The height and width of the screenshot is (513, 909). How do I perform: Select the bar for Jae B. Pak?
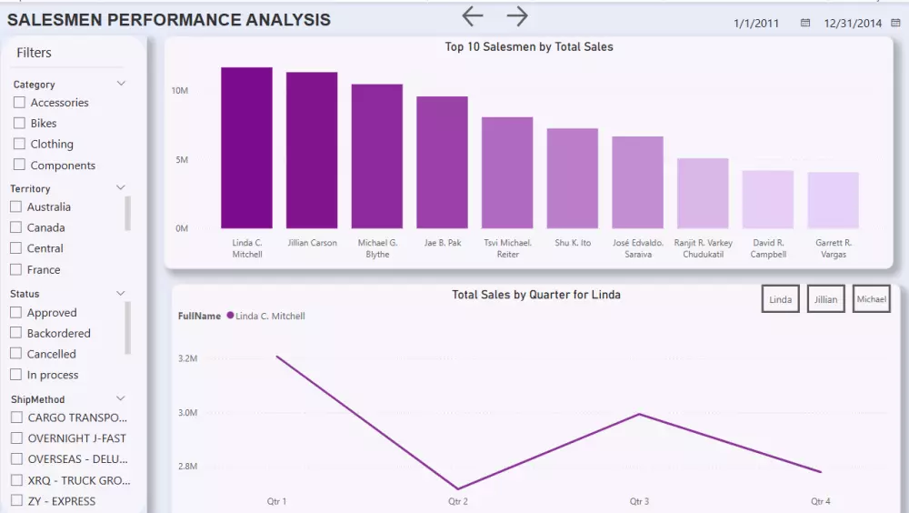[442, 163]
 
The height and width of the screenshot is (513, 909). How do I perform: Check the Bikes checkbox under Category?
[19, 123]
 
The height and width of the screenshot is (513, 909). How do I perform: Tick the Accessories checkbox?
[19, 103]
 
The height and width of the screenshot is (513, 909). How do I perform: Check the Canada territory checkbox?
[15, 227]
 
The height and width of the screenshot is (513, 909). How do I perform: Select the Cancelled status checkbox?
[15, 354]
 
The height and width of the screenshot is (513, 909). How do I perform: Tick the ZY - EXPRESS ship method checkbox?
[15, 500]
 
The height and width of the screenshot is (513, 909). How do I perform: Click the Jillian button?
[826, 299]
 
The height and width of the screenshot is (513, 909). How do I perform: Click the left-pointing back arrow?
[472, 15]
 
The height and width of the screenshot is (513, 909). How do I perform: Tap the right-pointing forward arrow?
[517, 15]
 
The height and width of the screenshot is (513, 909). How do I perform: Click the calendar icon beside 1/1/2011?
[805, 24]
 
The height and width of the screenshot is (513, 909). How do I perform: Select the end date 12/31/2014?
[853, 24]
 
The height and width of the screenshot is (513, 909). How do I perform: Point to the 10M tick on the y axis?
[179, 91]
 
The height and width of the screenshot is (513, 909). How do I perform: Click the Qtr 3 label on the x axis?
[640, 501]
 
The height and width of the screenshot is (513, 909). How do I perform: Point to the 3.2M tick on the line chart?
[187, 358]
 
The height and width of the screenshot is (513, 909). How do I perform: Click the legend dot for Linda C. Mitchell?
[230, 316]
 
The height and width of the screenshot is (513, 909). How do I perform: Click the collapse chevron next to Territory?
[121, 188]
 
